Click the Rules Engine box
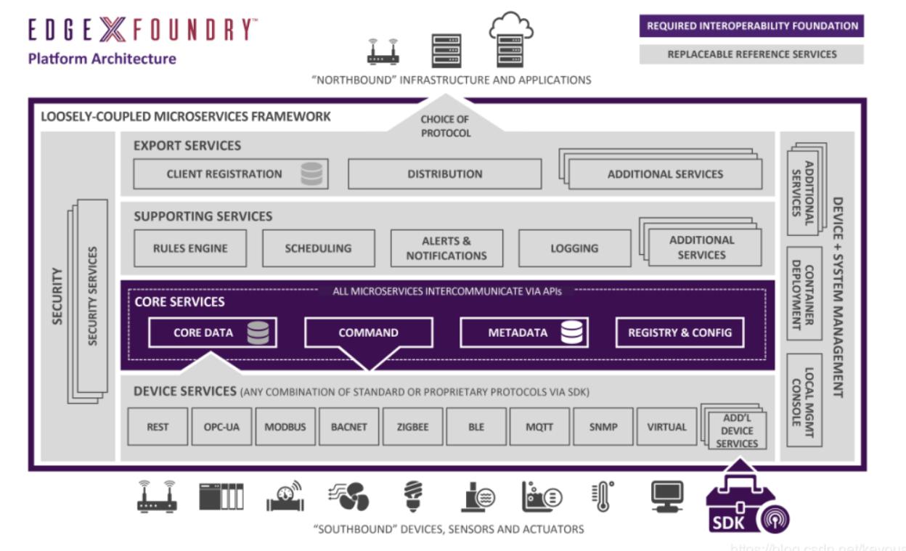tap(190, 248)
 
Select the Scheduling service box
tap(318, 248)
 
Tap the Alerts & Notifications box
tap(446, 248)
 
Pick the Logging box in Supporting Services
tap(574, 248)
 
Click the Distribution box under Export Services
tap(444, 174)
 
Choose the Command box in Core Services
tap(368, 332)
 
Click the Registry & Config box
tap(679, 332)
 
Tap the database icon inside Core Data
tap(258, 332)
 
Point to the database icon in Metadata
tap(572, 332)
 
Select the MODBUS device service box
tap(285, 427)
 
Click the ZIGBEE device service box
tap(412, 427)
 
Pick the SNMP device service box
tap(603, 427)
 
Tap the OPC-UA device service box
tap(221, 427)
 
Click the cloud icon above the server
tap(511, 27)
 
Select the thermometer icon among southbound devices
tap(602, 496)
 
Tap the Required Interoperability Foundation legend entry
tap(751, 26)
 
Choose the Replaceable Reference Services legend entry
tap(751, 54)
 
